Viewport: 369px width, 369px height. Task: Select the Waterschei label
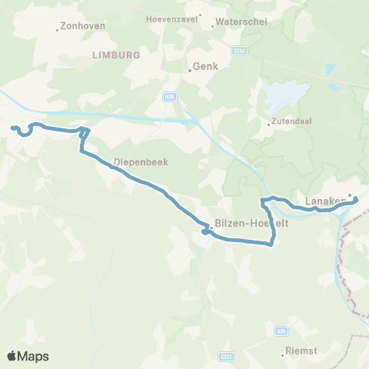[x=242, y=22]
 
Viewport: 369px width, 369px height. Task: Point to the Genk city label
[x=207, y=66]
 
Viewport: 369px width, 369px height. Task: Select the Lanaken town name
[x=323, y=202]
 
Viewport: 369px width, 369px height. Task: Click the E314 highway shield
[x=241, y=52]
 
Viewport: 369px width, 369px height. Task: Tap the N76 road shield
[x=170, y=96]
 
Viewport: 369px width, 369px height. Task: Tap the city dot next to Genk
[x=190, y=71]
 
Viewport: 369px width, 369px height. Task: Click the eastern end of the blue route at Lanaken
[x=355, y=200]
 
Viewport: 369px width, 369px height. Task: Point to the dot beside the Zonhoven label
[x=58, y=30]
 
